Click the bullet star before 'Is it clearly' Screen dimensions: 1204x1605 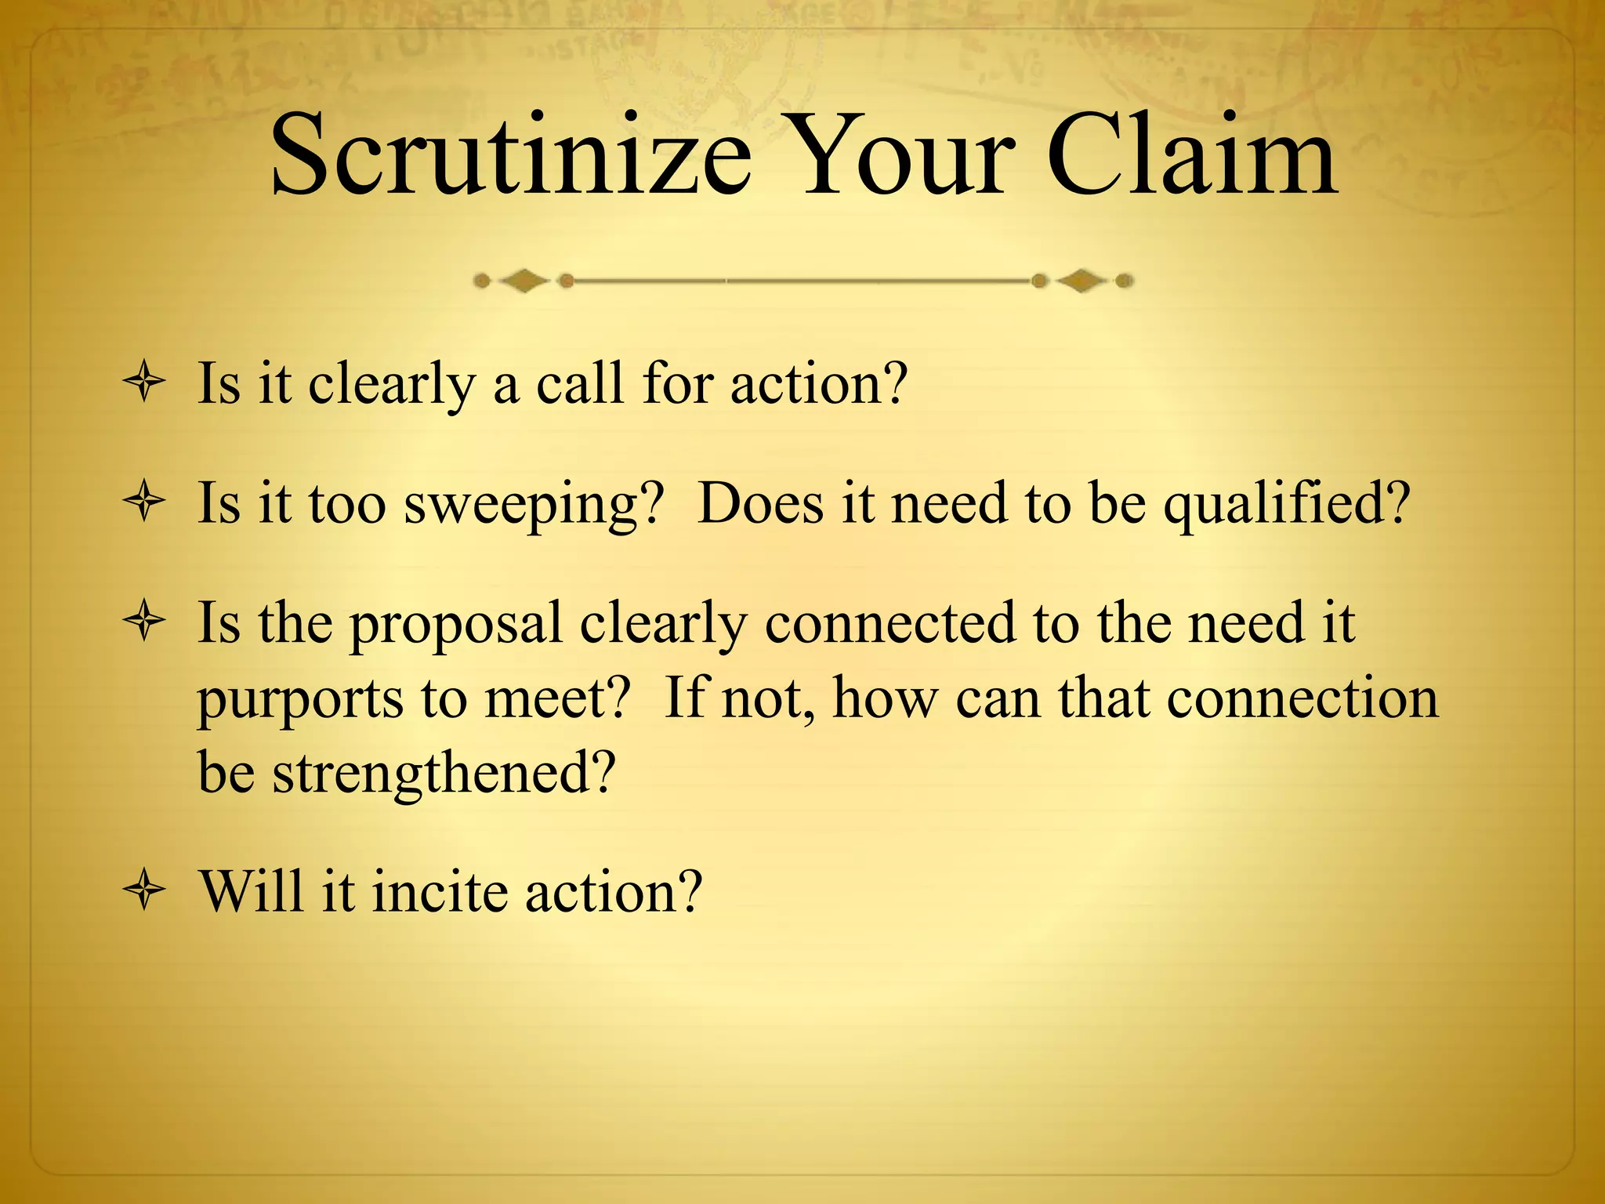[144, 384]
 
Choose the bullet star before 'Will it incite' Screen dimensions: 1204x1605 [144, 892]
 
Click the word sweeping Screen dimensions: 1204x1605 [532, 504]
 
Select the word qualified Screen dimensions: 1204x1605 [1285, 504]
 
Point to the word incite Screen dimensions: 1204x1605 [439, 892]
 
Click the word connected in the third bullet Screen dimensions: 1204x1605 [889, 623]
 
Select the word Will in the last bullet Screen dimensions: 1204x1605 [251, 892]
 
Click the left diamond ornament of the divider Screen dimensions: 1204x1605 [524, 281]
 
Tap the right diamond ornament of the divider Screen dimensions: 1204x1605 [1082, 281]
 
